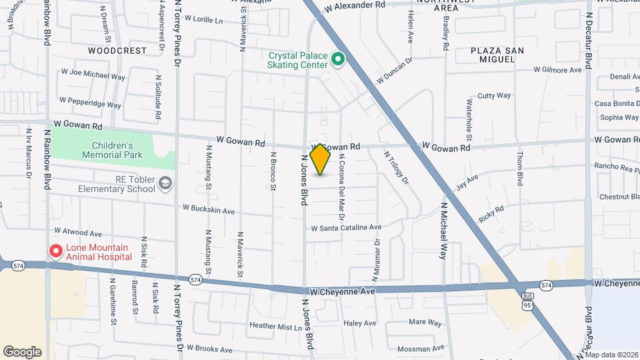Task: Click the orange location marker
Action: click(x=321, y=159)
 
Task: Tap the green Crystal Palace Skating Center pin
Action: click(x=338, y=60)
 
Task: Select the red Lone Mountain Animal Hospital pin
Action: click(x=55, y=252)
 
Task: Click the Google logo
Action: click(x=22, y=352)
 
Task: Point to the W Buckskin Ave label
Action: click(x=210, y=209)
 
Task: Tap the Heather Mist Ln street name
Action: click(x=275, y=326)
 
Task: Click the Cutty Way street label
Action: click(x=494, y=96)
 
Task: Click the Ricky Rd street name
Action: click(x=491, y=215)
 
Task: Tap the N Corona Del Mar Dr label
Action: click(x=341, y=187)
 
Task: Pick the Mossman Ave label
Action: click(x=420, y=349)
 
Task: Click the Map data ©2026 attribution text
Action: click(x=611, y=355)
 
